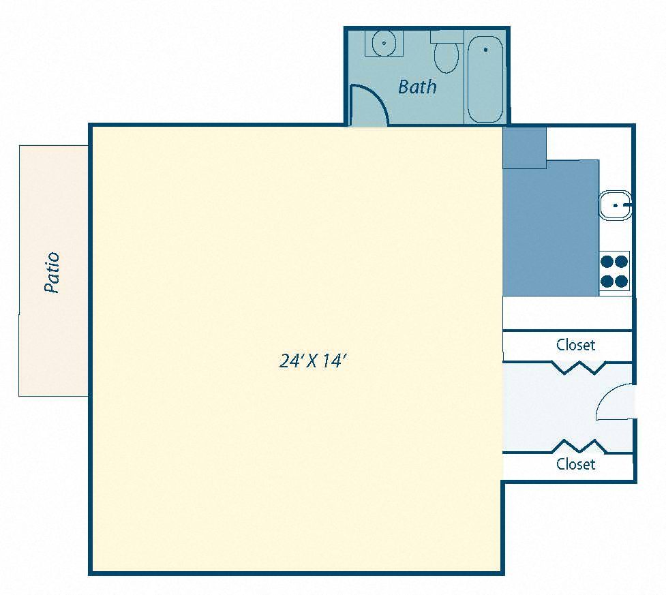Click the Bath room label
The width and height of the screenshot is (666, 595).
point(417,87)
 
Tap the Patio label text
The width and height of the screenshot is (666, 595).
point(52,273)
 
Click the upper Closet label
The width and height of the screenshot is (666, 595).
point(575,345)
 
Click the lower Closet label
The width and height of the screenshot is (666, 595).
point(575,464)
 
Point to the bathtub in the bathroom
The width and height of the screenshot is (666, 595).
point(485,79)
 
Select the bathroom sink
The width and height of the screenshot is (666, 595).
point(384,43)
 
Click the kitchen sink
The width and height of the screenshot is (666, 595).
point(616,205)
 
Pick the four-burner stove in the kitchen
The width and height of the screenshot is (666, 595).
point(614,271)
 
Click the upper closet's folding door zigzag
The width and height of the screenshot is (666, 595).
point(578,367)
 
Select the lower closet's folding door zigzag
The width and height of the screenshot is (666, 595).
point(578,446)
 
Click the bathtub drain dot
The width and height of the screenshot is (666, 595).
point(485,50)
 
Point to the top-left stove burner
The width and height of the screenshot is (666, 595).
point(607,260)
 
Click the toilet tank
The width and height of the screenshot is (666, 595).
point(446,36)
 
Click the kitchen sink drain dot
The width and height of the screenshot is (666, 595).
point(616,205)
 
